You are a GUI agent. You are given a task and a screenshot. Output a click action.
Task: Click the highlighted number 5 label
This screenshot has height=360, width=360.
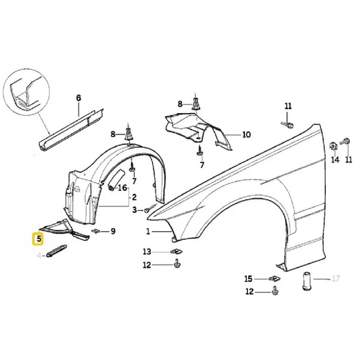[x=39, y=239]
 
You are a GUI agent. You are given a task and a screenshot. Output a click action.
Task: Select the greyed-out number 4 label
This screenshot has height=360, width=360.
[x=39, y=256]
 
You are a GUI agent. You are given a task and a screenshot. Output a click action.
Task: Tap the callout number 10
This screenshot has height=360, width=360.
[x=246, y=134]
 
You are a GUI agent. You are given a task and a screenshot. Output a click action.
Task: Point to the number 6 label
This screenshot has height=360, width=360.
[x=78, y=97]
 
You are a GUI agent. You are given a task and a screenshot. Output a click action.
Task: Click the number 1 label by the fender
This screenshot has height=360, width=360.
[x=147, y=232]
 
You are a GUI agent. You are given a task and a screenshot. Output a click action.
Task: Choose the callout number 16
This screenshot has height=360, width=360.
[x=123, y=188]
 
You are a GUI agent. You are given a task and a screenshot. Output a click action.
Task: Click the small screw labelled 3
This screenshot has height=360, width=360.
[x=148, y=209]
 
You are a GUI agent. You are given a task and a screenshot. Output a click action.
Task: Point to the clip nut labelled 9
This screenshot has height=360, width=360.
[x=95, y=231]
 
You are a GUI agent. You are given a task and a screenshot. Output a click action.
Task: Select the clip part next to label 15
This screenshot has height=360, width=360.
[x=273, y=279]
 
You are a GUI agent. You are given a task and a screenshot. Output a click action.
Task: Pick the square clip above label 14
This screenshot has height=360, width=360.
[x=333, y=146]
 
